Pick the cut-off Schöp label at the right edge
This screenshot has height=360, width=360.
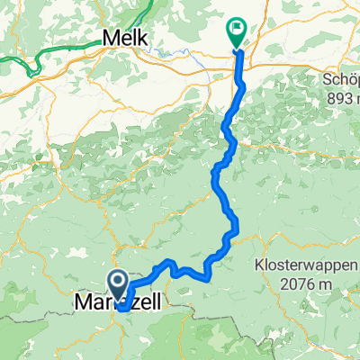click(341, 80)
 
